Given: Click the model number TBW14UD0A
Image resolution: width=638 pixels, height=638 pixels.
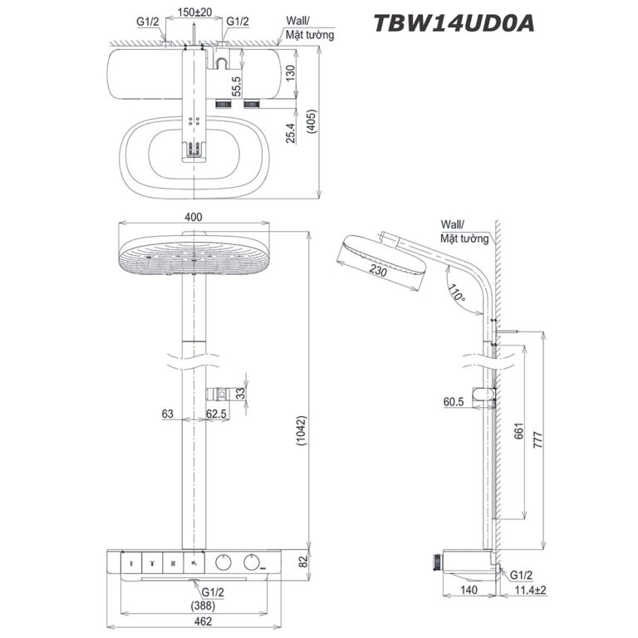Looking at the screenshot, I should (x=452, y=22).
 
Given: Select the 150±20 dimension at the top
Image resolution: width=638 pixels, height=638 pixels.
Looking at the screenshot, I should (x=194, y=13).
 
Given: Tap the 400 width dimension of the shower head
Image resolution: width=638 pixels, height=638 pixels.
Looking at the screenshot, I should (x=194, y=217).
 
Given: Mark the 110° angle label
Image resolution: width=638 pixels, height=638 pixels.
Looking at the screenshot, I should (x=455, y=293).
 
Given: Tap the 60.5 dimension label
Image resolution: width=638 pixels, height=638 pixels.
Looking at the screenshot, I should (x=454, y=401).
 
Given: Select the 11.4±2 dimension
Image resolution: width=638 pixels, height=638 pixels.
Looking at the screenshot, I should (x=524, y=591).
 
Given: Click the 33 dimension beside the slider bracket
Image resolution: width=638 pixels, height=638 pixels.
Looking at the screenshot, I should (x=241, y=394).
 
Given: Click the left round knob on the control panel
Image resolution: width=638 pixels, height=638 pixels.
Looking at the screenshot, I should (x=223, y=563).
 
